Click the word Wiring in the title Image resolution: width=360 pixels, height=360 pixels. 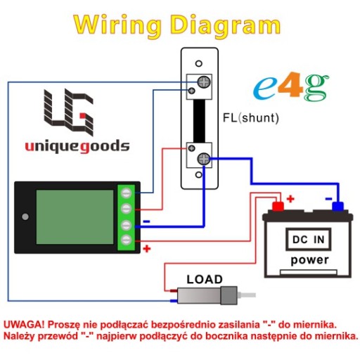118,26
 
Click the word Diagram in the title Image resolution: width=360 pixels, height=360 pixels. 226,26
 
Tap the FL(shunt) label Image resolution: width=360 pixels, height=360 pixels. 251,118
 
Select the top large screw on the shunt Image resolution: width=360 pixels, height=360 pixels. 204,82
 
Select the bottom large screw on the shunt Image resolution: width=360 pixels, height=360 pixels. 204,159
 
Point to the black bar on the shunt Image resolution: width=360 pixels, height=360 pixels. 199,121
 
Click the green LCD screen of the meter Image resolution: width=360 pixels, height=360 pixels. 75,217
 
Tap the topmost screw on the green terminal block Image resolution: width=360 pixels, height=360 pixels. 126,193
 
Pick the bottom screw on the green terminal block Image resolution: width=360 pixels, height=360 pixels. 126,240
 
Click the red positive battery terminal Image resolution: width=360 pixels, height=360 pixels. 278,206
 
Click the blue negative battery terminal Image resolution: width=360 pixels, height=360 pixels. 337,206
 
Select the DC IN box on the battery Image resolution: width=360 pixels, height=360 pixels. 309,239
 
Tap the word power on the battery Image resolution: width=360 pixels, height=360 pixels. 309,260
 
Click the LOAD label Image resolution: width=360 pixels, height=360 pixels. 205,279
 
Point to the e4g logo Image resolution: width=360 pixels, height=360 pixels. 291,86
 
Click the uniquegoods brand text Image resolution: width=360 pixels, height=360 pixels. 77,146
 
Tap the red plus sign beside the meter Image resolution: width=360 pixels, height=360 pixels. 147,249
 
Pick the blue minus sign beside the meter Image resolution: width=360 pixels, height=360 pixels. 146,221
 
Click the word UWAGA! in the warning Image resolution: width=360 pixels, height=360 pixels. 24,325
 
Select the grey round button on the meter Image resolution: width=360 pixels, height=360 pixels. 25,217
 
